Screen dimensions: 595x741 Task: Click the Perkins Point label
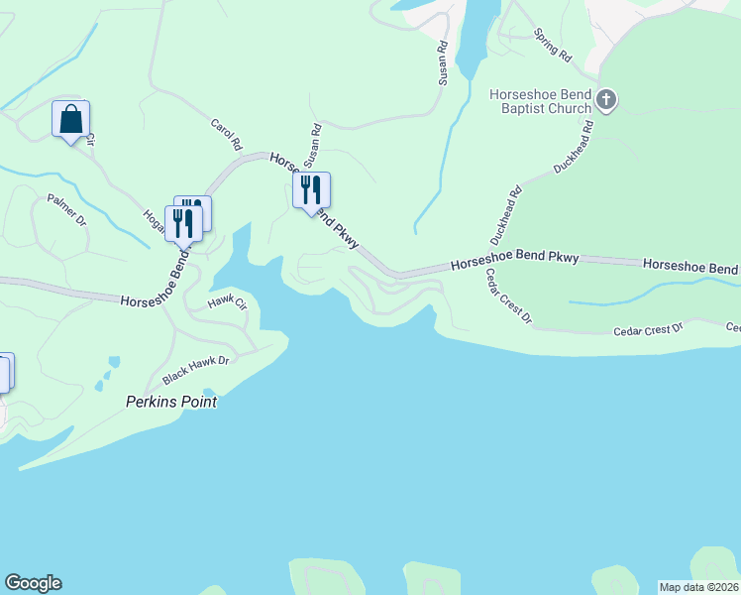point(171,403)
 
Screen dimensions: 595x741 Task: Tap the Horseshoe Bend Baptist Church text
point(541,101)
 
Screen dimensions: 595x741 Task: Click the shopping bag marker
point(70,120)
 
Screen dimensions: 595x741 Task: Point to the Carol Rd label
point(227,135)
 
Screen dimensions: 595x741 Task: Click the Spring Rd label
point(553,46)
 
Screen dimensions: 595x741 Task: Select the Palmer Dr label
point(67,209)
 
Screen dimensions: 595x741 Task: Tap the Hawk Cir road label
point(227,302)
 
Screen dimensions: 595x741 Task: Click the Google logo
point(33,583)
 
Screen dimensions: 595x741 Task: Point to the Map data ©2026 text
point(698,587)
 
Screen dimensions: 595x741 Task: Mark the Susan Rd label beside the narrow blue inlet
point(443,62)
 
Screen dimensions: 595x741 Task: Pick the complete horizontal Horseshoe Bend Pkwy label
point(514,263)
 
